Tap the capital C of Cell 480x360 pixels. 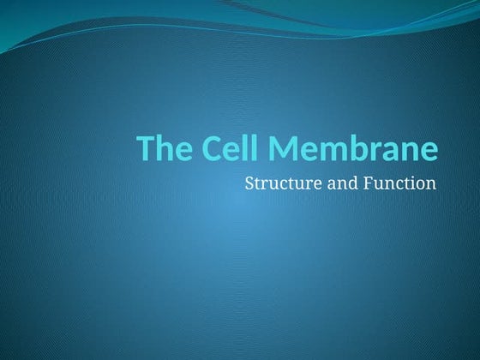[213, 148]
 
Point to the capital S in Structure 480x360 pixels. [249, 183]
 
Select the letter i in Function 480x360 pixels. [413, 183]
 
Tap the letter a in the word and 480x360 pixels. [326, 183]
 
